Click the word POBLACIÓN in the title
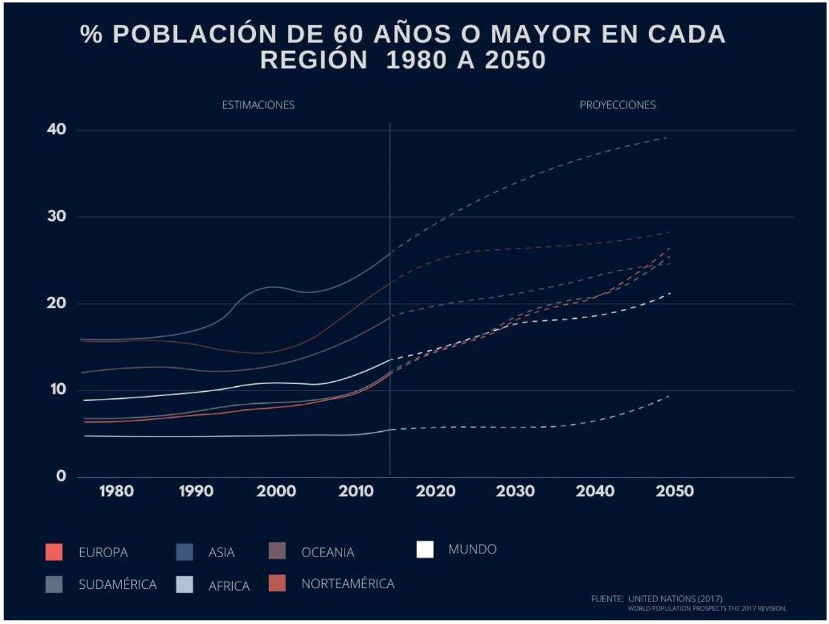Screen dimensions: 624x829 pos(194,35)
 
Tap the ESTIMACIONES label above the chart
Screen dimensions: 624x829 pos(258,105)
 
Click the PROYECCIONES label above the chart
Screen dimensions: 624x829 pos(617,105)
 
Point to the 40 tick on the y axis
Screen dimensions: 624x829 pos(57,129)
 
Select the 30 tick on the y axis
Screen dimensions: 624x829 pos(57,216)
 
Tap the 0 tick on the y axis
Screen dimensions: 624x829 pos(61,476)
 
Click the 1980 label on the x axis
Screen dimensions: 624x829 pos(116,491)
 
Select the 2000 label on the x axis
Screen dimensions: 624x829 pos(276,491)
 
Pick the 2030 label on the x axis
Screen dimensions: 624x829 pos(515,491)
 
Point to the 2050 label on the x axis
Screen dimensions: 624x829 pos(675,491)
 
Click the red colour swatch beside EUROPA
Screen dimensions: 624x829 pos(54,552)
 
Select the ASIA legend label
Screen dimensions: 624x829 pos(221,552)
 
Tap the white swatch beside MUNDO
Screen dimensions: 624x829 pos(425,549)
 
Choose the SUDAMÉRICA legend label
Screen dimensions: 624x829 pos(117,584)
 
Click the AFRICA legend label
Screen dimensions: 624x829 pos(229,586)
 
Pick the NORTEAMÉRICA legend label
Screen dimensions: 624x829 pos(348,584)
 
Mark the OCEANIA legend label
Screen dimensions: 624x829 pos(328,552)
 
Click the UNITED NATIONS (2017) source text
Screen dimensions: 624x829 pos(675,598)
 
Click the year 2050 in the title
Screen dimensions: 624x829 pos(515,60)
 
